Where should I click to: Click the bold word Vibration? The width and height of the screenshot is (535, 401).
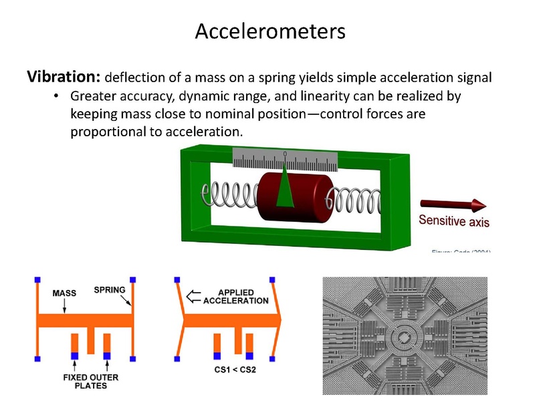(64, 76)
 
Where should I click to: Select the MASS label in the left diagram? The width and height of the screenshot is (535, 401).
(64, 293)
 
